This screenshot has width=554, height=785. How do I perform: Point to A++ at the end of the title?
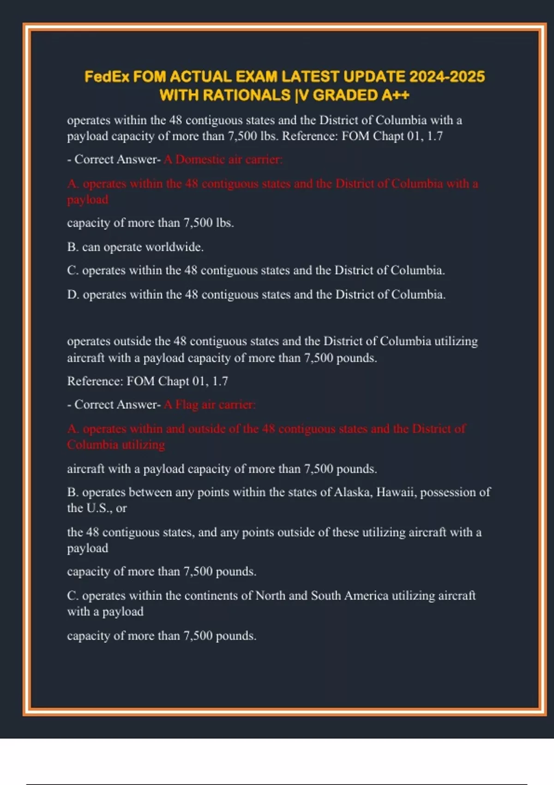click(x=396, y=95)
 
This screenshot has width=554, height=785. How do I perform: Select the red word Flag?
click(x=187, y=405)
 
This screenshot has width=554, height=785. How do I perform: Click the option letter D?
click(x=72, y=295)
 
